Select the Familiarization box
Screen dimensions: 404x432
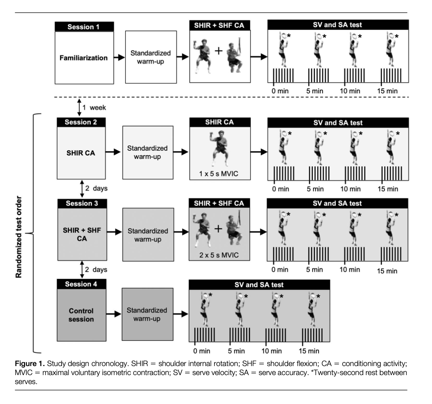[83, 58]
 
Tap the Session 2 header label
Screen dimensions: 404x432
[81, 122]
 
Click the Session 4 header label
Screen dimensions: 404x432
[81, 284]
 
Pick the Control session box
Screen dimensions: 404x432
[81, 315]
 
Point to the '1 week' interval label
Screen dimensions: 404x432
[94, 108]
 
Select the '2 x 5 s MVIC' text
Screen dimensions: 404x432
[219, 255]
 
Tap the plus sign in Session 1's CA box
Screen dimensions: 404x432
[218, 51]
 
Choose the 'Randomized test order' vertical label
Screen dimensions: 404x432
[19, 236]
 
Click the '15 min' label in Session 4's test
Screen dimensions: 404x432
[309, 351]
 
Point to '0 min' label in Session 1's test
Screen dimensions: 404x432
[280, 91]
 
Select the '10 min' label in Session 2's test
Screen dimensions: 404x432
[350, 188]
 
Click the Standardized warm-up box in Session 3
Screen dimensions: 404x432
[148, 235]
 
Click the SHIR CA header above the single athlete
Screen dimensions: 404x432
[219, 122]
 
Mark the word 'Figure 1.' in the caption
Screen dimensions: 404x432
[29, 364]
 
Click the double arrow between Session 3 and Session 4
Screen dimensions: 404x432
[82, 270]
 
